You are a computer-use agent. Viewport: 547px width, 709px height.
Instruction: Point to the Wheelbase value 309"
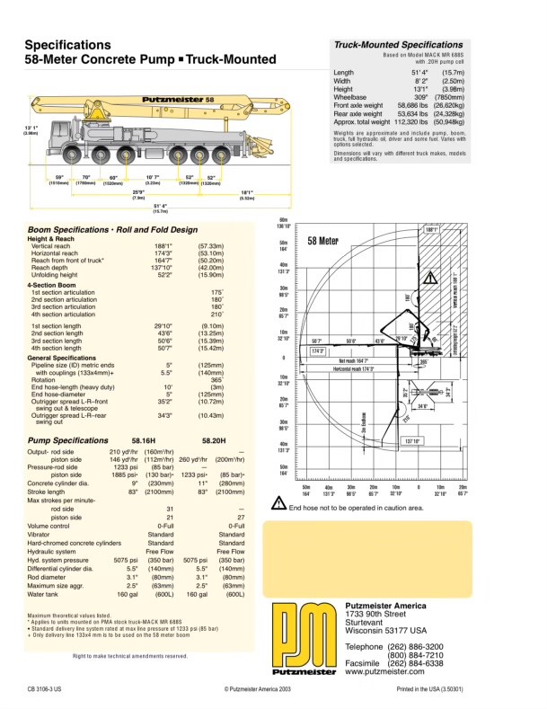pyautogui.click(x=421, y=97)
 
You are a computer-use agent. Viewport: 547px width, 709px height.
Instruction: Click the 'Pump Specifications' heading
pyautogui.click(x=67, y=440)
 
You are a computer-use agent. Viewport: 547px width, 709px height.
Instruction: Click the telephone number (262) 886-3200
pyautogui.click(x=414, y=647)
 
